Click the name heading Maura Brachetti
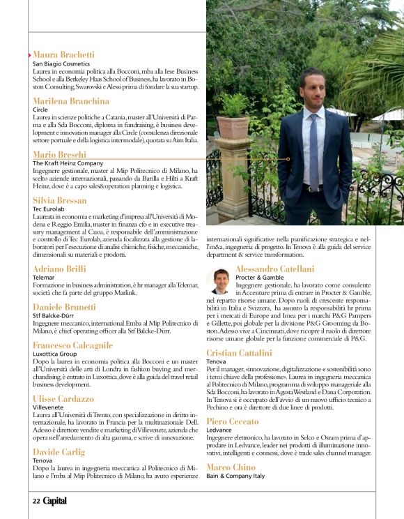click(64, 54)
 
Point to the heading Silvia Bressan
click(60, 200)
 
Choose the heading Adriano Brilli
click(59, 269)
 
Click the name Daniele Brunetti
click(64, 307)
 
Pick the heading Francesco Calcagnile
click(72, 345)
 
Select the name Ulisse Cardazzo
click(63, 398)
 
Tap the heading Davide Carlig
click(59, 452)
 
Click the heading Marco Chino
click(231, 467)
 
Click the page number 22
click(36, 500)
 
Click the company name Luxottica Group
click(55, 354)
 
